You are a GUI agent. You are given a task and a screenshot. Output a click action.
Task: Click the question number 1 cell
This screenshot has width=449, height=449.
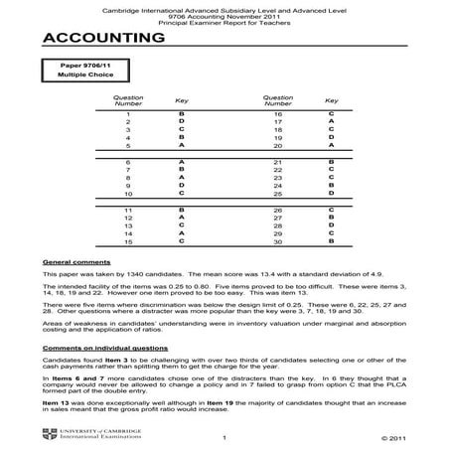pyautogui.click(x=128, y=114)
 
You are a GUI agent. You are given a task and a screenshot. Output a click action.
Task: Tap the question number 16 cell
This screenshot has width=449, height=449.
pyautogui.click(x=277, y=114)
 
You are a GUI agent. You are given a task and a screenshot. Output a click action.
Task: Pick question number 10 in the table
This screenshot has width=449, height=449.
pyautogui.click(x=128, y=193)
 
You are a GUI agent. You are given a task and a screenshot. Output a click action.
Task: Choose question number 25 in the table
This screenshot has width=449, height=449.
pyautogui.click(x=277, y=193)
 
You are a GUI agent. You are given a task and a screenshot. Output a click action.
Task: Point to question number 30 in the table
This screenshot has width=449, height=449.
pyautogui.click(x=277, y=241)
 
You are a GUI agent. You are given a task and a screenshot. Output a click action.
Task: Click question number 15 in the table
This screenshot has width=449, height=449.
pyautogui.click(x=128, y=241)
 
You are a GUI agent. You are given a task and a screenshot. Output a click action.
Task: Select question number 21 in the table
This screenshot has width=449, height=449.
pyautogui.click(x=277, y=161)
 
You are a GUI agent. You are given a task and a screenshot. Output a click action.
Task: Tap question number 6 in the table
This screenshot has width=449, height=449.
pyautogui.click(x=128, y=161)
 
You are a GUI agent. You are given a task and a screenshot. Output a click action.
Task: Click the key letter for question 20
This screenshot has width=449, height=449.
pyautogui.click(x=330, y=144)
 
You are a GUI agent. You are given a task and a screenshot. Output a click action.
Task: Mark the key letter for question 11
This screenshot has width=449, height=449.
pyautogui.click(x=181, y=211)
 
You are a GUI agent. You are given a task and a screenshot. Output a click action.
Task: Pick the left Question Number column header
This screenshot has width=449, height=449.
pyautogui.click(x=128, y=100)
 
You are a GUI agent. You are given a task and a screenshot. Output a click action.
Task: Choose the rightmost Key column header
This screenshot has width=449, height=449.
pyautogui.click(x=330, y=100)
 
